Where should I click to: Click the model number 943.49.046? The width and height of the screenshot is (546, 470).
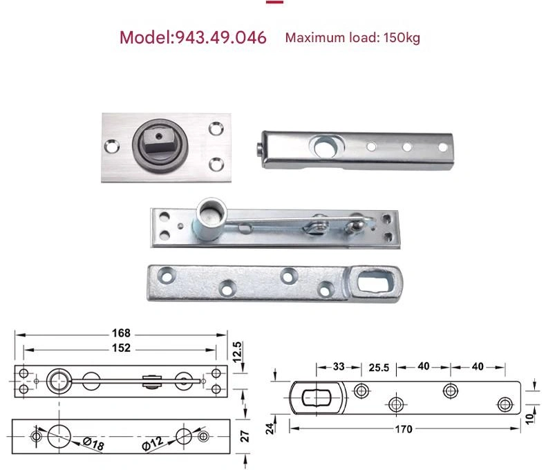pyautogui.click(x=220, y=37)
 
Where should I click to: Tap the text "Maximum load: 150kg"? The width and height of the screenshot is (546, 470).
pyautogui.click(x=352, y=37)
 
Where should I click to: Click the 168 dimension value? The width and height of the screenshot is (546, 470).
pyautogui.click(x=121, y=333)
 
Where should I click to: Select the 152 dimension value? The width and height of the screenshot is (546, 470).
pyautogui.click(x=121, y=348)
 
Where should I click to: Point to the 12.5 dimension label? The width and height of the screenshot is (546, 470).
pyautogui.click(x=237, y=352)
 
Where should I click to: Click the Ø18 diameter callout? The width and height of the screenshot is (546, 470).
pyautogui.click(x=93, y=444)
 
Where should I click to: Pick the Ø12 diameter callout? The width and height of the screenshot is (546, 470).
pyautogui.click(x=153, y=444)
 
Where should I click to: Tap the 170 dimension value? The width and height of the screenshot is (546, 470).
pyautogui.click(x=404, y=429)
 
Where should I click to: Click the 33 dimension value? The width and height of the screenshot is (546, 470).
pyautogui.click(x=339, y=366)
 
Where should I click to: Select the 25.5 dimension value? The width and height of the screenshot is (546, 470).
pyautogui.click(x=379, y=368)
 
